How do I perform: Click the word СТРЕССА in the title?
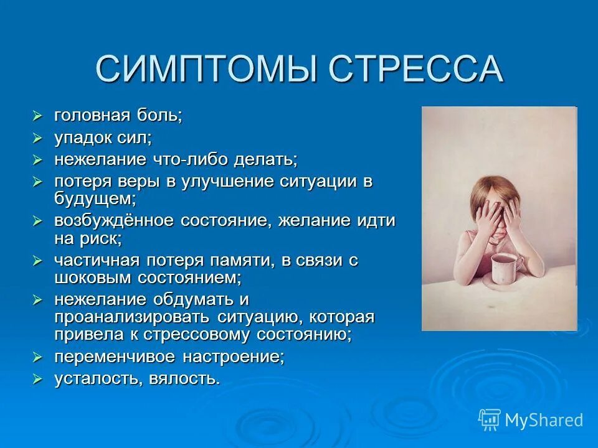point(415,68)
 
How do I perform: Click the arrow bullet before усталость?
point(37,378)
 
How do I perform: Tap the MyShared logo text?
point(544,420)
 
